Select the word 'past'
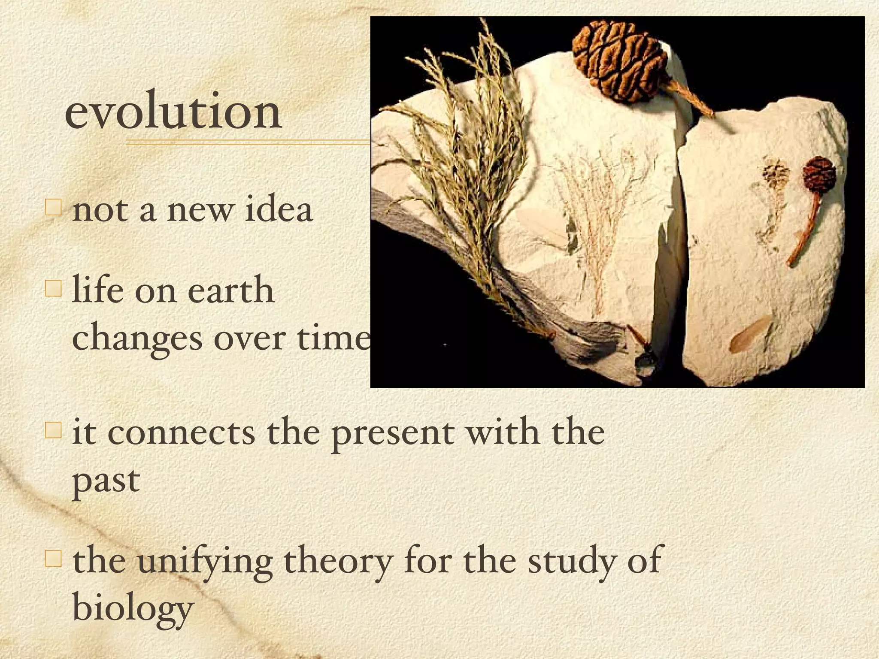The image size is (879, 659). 106,481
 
